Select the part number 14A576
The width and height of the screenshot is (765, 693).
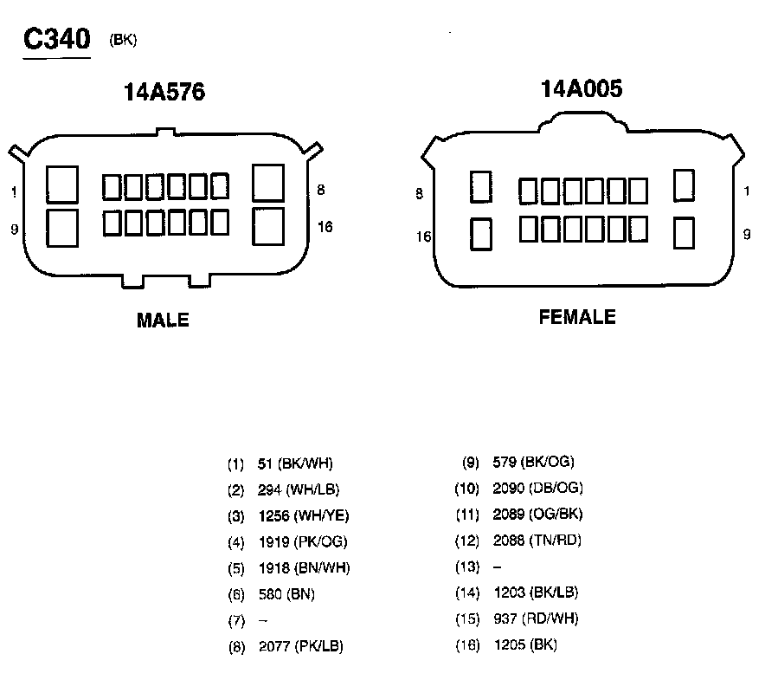click(164, 93)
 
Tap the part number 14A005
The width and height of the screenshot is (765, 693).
click(581, 89)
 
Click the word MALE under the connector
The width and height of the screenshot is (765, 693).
click(163, 321)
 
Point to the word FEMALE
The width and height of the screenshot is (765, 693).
click(577, 317)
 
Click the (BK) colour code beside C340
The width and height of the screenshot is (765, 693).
click(123, 40)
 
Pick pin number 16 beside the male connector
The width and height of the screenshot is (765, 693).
click(325, 227)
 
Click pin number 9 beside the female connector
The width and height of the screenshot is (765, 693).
click(747, 234)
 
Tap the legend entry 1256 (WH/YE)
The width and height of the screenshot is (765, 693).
click(304, 516)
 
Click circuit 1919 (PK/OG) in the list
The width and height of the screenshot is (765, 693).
click(304, 542)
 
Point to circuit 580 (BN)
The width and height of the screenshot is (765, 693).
click(286, 594)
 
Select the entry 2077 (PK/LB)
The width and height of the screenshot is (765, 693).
click(301, 646)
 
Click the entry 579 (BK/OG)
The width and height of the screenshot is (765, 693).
click(533, 462)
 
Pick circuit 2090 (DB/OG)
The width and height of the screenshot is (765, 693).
click(537, 488)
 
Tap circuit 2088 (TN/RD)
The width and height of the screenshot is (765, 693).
click(537, 541)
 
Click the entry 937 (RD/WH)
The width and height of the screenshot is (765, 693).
click(535, 619)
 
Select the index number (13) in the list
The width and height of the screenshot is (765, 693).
click(467, 567)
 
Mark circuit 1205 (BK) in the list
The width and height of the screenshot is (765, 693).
click(524, 644)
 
